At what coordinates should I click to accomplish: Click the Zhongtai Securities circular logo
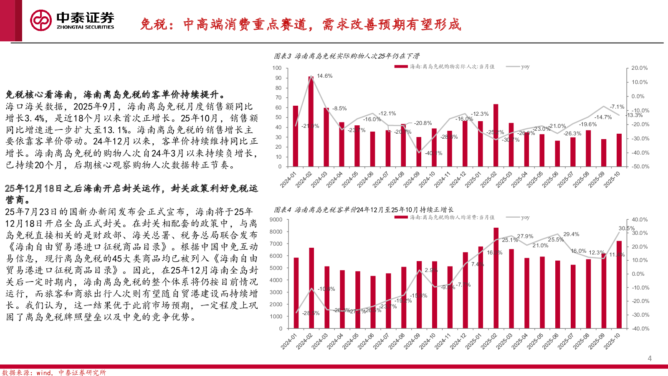pyautogui.click(x=41, y=20)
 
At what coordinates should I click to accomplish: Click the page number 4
pyautogui.click(x=649, y=358)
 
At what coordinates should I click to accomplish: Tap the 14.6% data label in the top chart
pyautogui.click(x=325, y=76)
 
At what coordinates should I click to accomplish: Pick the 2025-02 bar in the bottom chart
pyautogui.click(x=496, y=278)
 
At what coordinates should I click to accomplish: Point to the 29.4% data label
pyautogui.click(x=571, y=234)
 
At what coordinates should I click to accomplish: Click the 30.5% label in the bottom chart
pyautogui.click(x=626, y=229)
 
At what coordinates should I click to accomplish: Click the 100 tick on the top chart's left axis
pyautogui.click(x=277, y=68)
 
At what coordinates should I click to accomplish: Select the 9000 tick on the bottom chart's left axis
pyautogui.click(x=276, y=220)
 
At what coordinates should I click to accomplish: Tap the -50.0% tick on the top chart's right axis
pyautogui.click(x=640, y=167)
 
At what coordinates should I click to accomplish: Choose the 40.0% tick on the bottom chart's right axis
pyautogui.click(x=640, y=220)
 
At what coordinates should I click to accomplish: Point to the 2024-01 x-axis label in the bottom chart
pyautogui.click(x=289, y=341)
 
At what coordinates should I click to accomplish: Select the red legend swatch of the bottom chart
pyautogui.click(x=401, y=217)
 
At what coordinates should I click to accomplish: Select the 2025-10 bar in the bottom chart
pyautogui.click(x=619, y=285)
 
